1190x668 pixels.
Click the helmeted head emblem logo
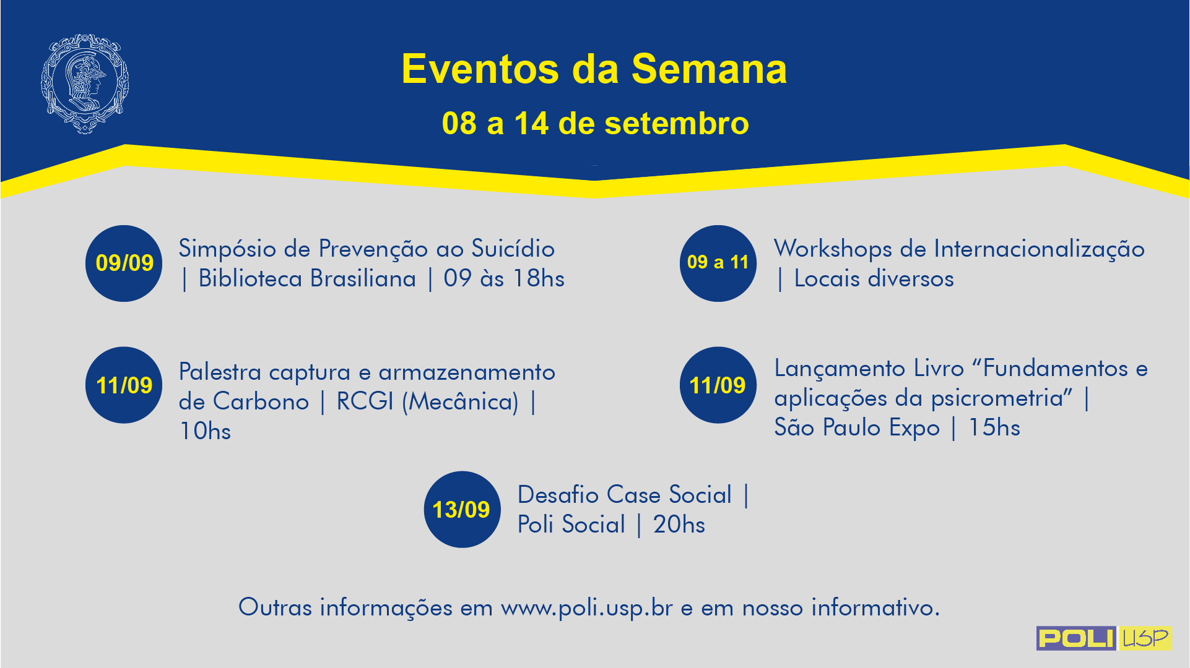[85, 83]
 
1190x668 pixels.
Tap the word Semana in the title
[709, 69]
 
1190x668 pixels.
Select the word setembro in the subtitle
[677, 123]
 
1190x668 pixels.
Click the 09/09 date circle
[124, 263]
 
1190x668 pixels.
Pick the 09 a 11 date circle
[718, 263]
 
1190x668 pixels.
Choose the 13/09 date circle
[462, 510]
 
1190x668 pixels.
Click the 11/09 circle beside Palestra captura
[124, 385]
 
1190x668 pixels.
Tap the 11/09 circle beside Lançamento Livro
[718, 385]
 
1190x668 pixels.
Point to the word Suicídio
[513, 249]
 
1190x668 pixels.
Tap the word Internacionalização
[1040, 249]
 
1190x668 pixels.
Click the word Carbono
[261, 402]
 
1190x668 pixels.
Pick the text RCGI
[365, 402]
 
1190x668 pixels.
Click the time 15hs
[994, 428]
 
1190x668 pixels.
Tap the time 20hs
[679, 525]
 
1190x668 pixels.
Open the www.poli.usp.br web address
[587, 608]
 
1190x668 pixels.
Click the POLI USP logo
[1104, 638]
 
